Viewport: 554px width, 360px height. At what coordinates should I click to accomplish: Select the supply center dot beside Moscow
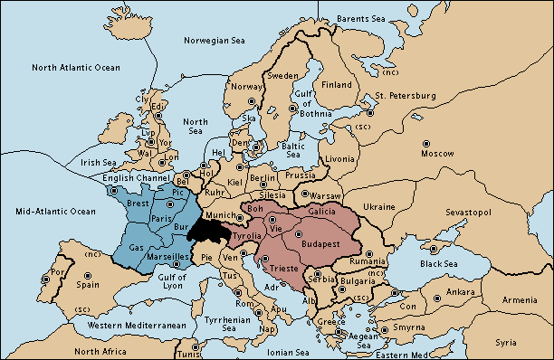426,143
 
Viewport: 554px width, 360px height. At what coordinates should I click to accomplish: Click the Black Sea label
439,263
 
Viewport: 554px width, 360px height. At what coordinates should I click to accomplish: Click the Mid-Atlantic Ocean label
49,211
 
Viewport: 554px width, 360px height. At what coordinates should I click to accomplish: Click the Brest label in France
138,204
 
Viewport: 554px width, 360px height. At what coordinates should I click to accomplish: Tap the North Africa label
100,351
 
